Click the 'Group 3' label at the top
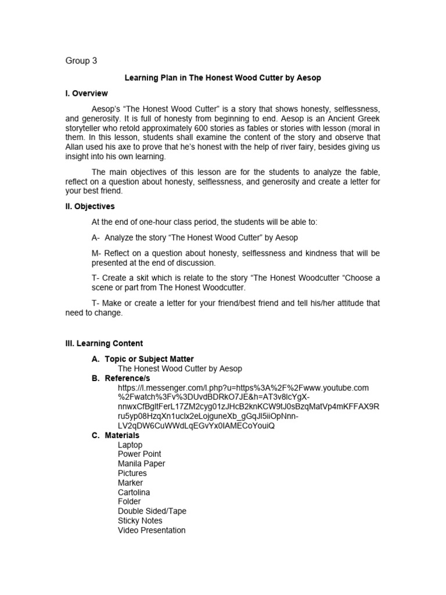(x=81, y=61)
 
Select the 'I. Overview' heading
(x=87, y=94)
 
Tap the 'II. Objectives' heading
(x=90, y=206)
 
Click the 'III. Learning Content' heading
(x=104, y=343)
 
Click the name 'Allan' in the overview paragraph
(x=75, y=147)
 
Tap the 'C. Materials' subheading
(x=116, y=435)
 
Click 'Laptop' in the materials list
(x=130, y=445)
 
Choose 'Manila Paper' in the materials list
(x=141, y=464)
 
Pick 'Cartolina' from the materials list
(x=134, y=492)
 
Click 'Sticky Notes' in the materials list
(x=140, y=521)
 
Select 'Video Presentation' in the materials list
(x=152, y=530)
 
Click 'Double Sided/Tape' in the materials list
(x=152, y=511)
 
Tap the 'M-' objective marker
(x=97, y=254)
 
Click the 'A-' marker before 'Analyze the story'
(x=96, y=238)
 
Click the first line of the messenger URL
(x=243, y=388)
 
